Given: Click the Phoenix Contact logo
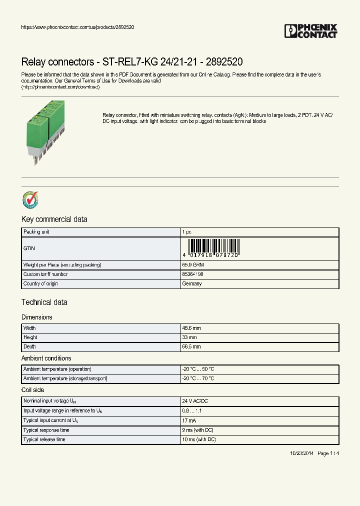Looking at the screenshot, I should coord(310,31).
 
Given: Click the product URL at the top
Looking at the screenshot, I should coord(77,26).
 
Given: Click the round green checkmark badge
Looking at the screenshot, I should coord(30,199).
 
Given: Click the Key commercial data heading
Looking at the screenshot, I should coord(54,219).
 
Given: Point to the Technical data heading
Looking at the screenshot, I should coord(44,302).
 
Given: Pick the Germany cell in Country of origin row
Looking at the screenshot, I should coord(192,283).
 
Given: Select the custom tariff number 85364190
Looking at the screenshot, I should coord(192,274).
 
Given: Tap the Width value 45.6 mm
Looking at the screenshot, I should coord(191,328).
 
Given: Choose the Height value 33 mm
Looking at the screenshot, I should coord(189,337).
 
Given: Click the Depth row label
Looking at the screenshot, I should coord(30,346).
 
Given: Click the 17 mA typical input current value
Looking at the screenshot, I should coord(189,420).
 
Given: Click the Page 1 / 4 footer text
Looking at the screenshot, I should coord(328,453).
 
